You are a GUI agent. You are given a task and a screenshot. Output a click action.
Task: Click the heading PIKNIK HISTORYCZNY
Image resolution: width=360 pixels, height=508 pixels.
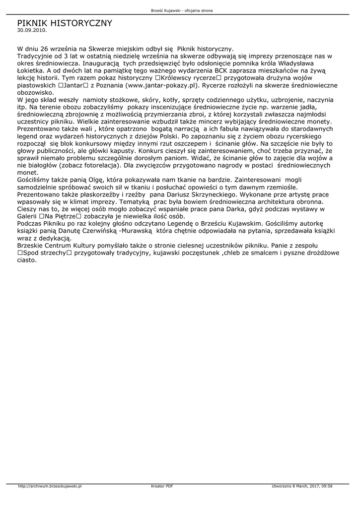65,23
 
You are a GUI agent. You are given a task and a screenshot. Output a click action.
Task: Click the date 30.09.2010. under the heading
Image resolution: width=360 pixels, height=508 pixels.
32,30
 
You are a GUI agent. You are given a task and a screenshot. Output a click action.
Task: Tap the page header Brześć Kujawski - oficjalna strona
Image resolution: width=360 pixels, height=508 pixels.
182,10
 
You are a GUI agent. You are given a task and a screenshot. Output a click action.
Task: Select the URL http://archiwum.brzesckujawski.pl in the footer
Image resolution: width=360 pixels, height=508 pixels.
50,486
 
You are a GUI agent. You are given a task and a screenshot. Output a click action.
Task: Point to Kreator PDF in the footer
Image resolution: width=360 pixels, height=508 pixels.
162,486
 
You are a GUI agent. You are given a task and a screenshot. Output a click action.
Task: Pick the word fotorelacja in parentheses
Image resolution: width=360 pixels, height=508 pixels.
98,165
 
